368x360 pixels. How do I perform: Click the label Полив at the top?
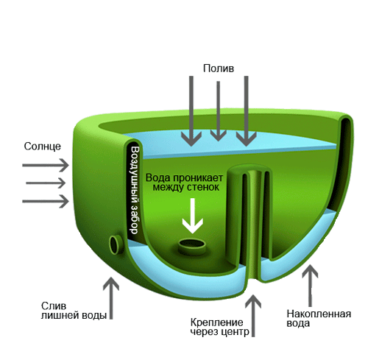click(219, 68)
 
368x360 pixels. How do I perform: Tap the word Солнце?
click(43, 147)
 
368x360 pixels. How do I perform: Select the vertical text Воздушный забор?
click(135, 190)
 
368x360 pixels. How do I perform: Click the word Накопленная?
click(319, 314)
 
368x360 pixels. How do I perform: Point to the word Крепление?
click(216, 322)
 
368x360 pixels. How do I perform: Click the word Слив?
click(54, 306)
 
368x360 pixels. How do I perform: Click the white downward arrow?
click(193, 216)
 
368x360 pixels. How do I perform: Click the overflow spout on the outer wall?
click(116, 244)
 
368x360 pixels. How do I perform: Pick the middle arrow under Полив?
click(219, 111)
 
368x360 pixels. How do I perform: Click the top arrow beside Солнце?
click(46, 165)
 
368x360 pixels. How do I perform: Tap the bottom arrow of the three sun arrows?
click(46, 201)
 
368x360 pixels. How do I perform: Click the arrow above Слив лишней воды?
click(111, 298)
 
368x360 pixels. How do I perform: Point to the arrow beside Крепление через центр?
click(253, 316)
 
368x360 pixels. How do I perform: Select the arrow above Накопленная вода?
click(310, 286)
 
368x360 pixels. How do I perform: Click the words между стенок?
click(186, 188)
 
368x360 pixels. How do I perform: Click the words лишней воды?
click(74, 315)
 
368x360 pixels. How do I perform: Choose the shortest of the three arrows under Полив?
click(219, 111)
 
